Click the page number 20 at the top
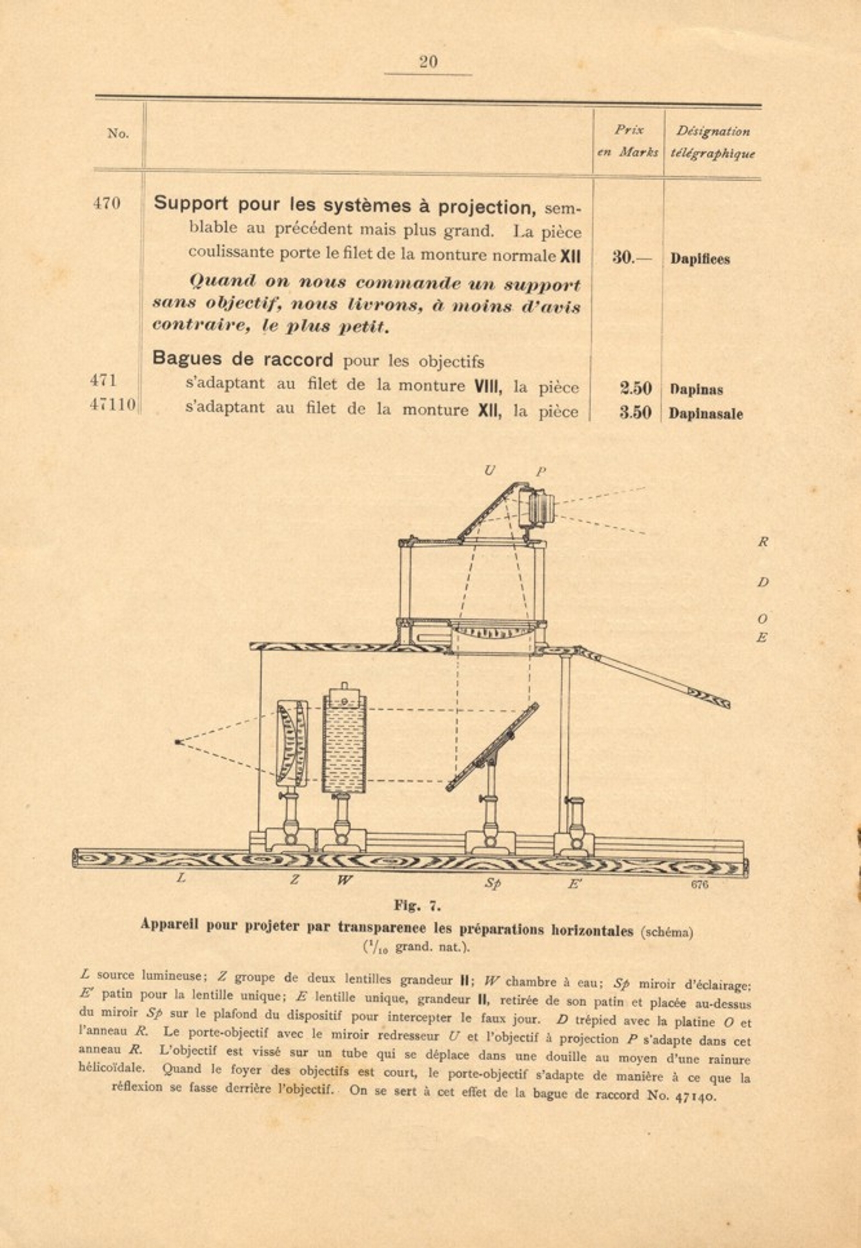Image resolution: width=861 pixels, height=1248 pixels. click(428, 62)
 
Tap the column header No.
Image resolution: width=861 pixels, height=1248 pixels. click(118, 134)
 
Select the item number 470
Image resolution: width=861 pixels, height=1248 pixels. click(106, 204)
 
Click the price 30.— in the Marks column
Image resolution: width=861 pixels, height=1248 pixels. click(631, 258)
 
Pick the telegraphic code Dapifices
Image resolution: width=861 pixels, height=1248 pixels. click(700, 259)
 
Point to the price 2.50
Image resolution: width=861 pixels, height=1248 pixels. click(636, 388)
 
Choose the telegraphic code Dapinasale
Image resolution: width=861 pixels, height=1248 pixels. click(705, 414)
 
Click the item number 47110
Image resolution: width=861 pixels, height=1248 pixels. click(113, 405)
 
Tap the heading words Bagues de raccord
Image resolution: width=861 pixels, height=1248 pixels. click(243, 359)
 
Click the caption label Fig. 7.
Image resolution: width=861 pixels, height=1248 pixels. click(418, 905)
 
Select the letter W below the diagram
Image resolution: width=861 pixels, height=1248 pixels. click(345, 880)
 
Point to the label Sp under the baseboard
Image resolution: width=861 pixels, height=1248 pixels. click(492, 883)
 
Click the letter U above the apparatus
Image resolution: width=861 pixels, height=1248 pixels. click(489, 471)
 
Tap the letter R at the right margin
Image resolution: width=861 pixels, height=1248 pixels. click(763, 543)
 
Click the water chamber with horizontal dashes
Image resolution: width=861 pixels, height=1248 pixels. click(344, 742)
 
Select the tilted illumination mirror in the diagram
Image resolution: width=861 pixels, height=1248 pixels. click(492, 747)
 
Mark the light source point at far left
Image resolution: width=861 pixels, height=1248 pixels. click(177, 742)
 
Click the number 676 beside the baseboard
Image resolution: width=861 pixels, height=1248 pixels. click(700, 885)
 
